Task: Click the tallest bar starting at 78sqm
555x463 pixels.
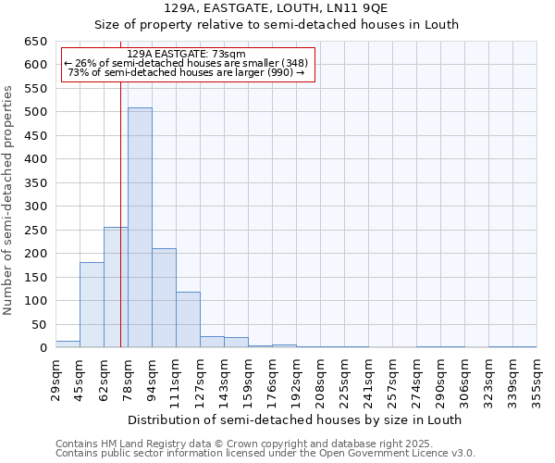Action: click(x=140, y=228)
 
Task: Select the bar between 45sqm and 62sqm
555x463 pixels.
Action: click(x=92, y=305)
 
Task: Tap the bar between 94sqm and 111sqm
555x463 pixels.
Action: click(x=164, y=298)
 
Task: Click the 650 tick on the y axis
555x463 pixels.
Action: click(x=36, y=42)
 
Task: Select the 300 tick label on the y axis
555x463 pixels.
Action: click(x=36, y=206)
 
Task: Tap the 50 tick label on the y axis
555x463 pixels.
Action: click(x=40, y=325)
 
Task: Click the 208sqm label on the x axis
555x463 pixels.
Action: click(x=320, y=379)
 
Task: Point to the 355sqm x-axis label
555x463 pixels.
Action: click(x=536, y=379)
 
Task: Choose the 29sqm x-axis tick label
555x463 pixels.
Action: click(x=55, y=379)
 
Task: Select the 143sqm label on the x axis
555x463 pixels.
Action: click(x=224, y=379)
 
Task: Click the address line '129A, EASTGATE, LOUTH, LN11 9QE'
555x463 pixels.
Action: click(x=277, y=8)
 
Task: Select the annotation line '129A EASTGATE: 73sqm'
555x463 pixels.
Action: click(x=186, y=54)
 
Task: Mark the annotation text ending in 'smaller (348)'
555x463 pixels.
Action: click(x=186, y=63)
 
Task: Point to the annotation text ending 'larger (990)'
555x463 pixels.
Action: click(x=186, y=72)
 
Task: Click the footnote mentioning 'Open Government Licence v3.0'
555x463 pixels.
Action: click(x=265, y=454)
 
